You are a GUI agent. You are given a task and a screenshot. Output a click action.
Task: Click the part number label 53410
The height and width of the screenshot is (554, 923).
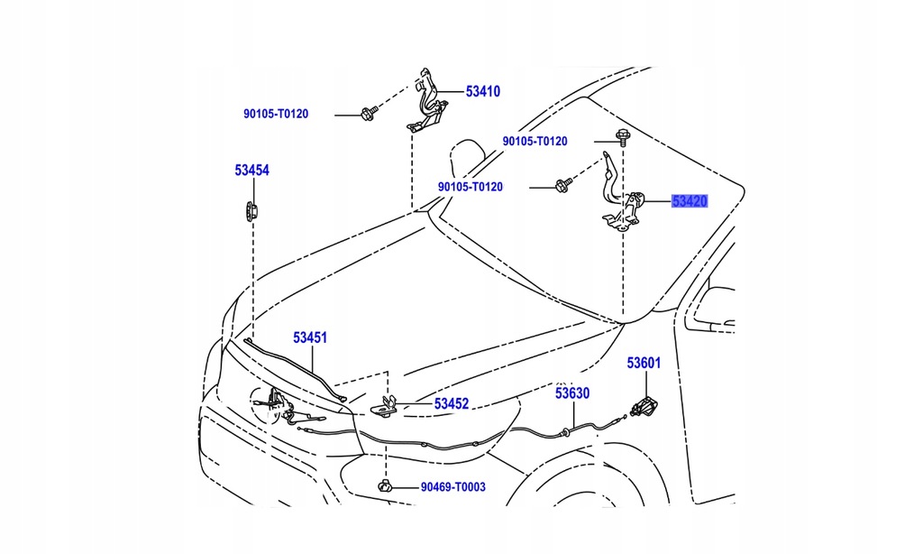(482, 91)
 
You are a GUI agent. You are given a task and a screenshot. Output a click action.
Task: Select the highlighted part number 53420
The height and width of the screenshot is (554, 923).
(690, 201)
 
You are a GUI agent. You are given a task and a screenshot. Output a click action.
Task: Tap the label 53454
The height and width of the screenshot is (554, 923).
(252, 170)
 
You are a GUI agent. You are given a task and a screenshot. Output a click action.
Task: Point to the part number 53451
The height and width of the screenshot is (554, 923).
(309, 337)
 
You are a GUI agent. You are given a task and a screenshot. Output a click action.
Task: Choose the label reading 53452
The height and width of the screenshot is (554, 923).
(452, 404)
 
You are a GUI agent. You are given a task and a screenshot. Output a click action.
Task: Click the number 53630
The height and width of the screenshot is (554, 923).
(571, 393)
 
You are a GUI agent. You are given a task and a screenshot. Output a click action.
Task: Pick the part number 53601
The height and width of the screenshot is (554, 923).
(644, 363)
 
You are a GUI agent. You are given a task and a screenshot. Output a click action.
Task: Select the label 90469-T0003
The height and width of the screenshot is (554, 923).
(452, 487)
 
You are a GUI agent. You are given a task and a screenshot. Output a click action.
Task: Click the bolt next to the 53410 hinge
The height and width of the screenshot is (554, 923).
(368, 114)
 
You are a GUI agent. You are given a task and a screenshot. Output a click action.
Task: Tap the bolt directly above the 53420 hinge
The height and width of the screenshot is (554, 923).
(622, 137)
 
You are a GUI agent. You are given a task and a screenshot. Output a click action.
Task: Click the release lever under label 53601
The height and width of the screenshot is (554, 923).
(645, 409)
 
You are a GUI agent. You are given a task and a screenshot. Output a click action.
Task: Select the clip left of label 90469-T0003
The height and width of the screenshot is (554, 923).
(385, 487)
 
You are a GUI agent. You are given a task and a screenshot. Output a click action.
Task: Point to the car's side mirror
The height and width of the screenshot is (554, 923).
(717, 307)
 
